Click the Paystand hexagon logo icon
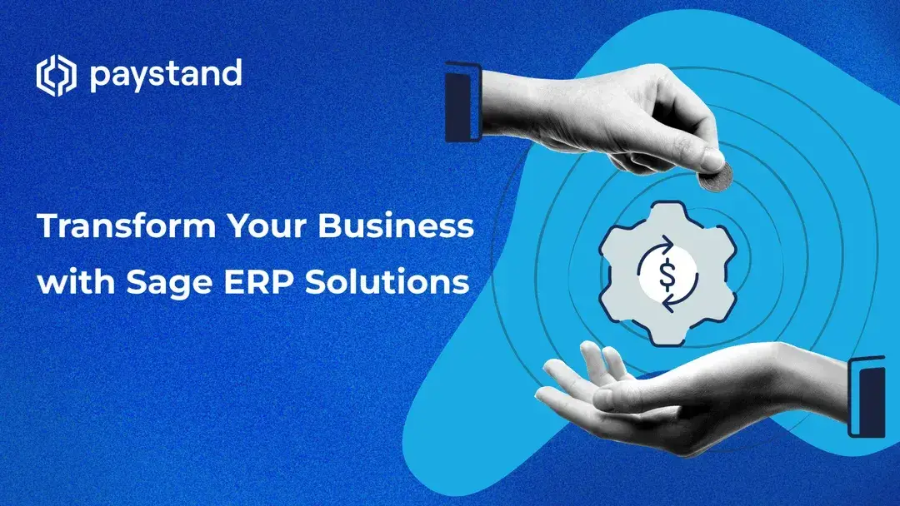tap(57, 76)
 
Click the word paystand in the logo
tap(165, 76)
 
